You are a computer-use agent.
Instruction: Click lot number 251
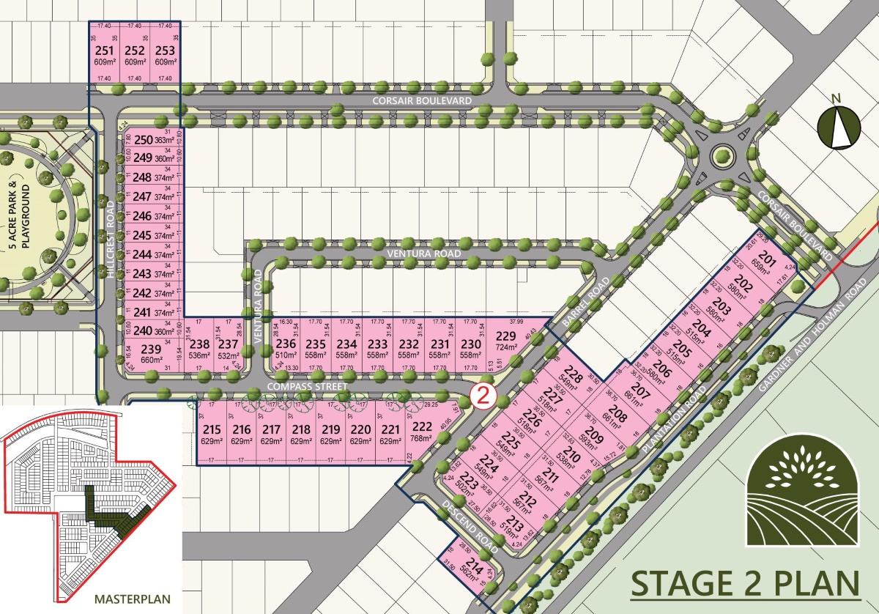tap(105, 51)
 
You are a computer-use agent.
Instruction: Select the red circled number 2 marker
tap(484, 396)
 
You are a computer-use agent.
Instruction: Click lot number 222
tap(423, 429)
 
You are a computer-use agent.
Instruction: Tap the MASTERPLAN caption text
tap(132, 599)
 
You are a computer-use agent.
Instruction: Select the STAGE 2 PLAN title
tap(745, 585)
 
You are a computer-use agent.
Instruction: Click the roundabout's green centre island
tap(724, 155)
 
